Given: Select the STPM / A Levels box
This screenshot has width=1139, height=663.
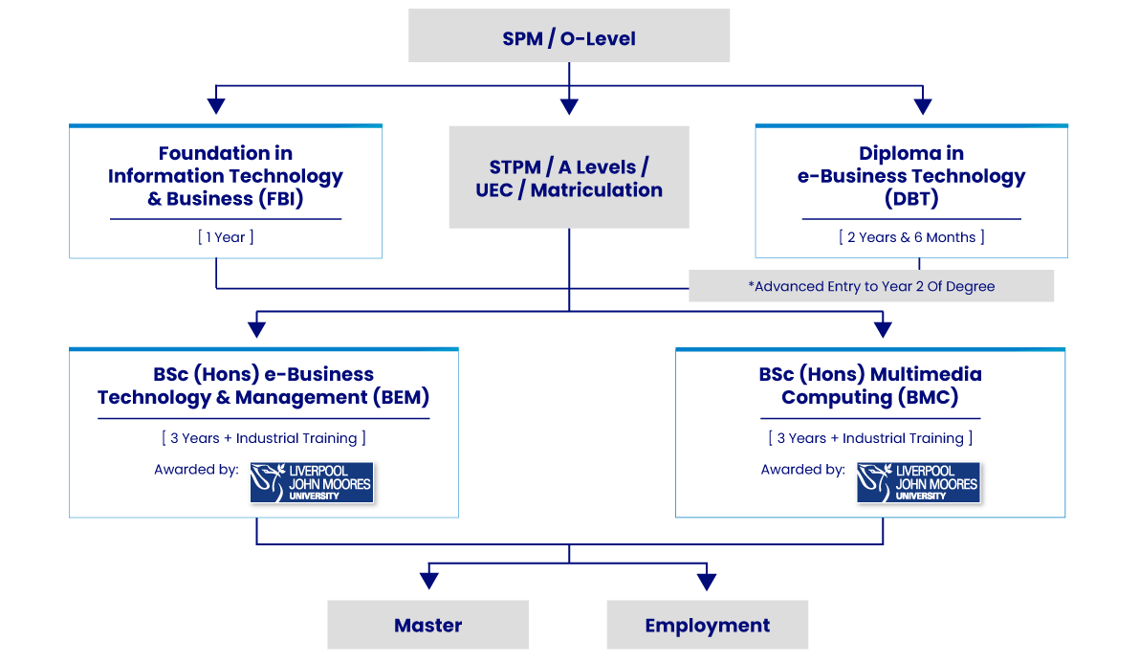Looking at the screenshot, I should point(569,177).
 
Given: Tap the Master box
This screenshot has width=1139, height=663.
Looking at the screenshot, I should point(427,625).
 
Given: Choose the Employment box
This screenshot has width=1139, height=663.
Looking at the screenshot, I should point(708,625).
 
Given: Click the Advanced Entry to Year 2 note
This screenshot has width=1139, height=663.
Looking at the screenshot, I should point(871,286).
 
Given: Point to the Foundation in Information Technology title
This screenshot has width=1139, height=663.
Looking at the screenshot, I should point(226,176).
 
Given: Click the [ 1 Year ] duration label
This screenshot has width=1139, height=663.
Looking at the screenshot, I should point(226,237).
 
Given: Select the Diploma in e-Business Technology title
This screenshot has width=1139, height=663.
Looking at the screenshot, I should point(911,176).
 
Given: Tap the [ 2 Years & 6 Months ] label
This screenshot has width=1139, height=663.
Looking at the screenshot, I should point(911,237).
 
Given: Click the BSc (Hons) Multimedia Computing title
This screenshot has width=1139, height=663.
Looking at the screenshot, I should point(870,386).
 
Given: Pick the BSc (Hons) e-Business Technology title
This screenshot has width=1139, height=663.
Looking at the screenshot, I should point(263,386).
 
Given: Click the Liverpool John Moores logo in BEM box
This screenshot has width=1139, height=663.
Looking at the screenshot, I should point(311,482).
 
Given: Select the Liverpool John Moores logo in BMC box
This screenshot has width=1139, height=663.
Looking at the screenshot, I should point(918,482).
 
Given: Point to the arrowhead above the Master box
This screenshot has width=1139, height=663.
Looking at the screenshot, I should point(428,580).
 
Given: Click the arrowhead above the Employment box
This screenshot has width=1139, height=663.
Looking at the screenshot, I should point(707,580).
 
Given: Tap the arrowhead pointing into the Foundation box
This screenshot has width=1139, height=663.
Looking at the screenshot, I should point(217,105).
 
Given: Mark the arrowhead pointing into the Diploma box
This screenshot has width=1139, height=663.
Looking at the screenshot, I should point(922,105).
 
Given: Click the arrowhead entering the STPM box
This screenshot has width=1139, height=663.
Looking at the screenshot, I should point(569,105).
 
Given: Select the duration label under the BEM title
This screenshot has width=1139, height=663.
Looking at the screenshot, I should point(263,438).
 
